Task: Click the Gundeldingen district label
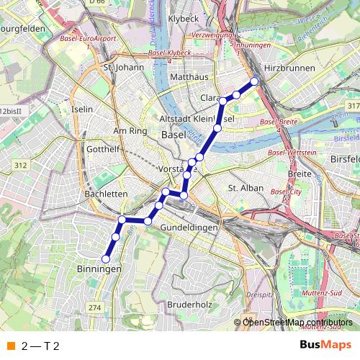(x=188, y=227)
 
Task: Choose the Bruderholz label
(x=188, y=305)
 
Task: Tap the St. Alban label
(x=242, y=187)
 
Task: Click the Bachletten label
(x=106, y=194)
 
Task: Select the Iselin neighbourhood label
(x=83, y=109)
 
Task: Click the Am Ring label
(x=130, y=131)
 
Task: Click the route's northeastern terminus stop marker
(x=254, y=81)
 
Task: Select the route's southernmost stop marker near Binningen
(x=106, y=258)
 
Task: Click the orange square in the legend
(x=11, y=346)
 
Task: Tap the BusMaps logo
(x=325, y=345)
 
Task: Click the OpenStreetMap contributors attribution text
(x=298, y=323)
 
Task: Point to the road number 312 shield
(x=19, y=166)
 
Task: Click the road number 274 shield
(x=94, y=307)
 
